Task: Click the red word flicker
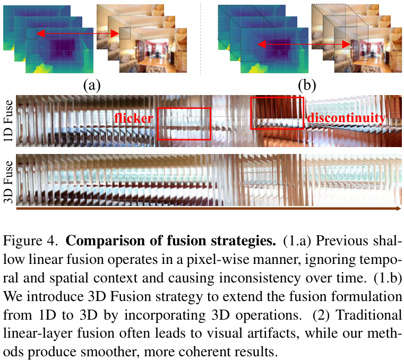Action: [x=134, y=117]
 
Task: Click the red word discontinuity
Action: [x=346, y=117]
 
